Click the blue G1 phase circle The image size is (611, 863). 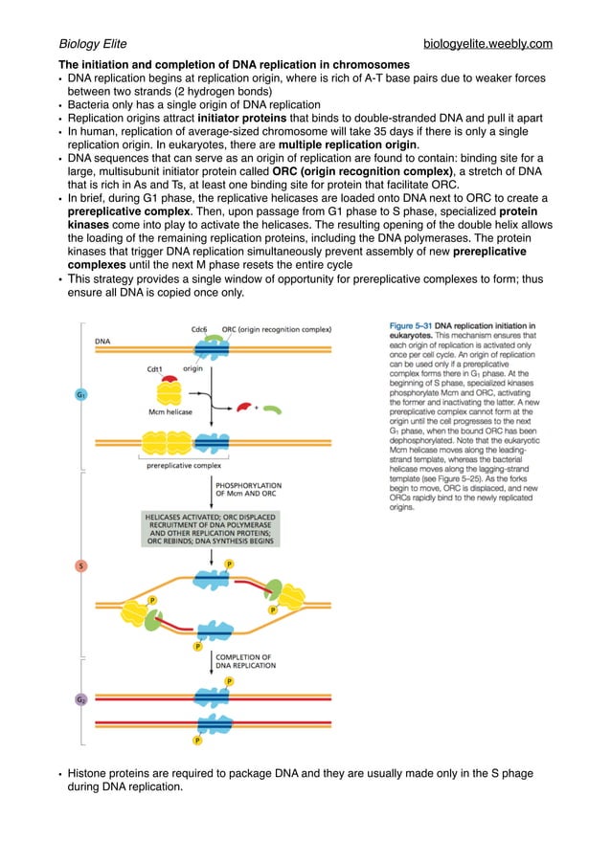pyautogui.click(x=82, y=394)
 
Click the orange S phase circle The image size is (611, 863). pyautogui.click(x=82, y=566)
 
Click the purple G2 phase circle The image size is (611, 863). pyautogui.click(x=82, y=699)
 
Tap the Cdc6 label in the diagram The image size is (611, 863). pyautogui.click(x=199, y=328)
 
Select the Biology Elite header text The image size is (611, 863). pyautogui.click(x=93, y=44)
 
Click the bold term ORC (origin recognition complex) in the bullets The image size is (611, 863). pyautogui.click(x=355, y=171)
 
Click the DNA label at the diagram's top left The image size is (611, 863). pyautogui.click(x=102, y=341)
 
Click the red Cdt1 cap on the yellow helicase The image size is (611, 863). pyautogui.click(x=169, y=379)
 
